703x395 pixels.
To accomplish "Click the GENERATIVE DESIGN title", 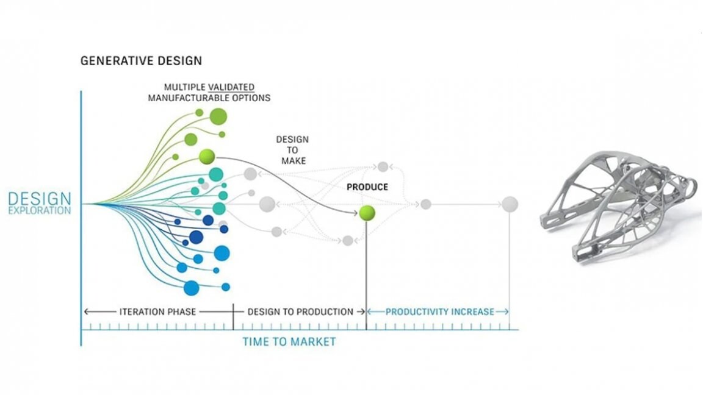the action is click(141, 60).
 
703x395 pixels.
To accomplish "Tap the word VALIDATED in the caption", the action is click(231, 87).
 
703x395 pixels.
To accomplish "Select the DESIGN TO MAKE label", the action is click(293, 150).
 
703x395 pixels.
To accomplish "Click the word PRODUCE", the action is click(367, 187).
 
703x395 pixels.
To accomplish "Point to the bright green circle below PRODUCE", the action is click(367, 213).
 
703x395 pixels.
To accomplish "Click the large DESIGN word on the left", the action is click(40, 198).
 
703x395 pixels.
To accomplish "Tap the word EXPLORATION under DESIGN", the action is click(40, 210).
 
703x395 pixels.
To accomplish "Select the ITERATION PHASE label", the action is click(157, 311).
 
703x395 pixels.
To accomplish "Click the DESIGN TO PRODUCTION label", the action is click(300, 311).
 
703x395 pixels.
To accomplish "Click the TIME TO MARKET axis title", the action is click(289, 342).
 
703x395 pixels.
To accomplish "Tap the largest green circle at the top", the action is click(218, 116).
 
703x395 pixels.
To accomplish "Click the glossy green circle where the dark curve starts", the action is click(207, 157).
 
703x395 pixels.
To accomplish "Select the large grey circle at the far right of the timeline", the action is click(510, 204).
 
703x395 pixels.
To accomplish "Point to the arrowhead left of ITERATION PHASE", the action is click(87, 311).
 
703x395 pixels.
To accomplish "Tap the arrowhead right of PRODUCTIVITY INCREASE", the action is click(506, 311).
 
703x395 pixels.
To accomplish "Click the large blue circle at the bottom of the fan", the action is click(192, 288).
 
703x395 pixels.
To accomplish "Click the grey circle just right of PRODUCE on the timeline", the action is click(426, 204).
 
